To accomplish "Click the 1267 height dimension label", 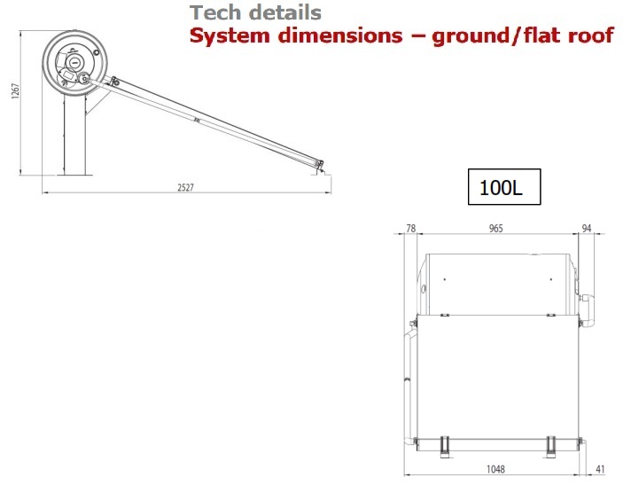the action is [x=15, y=91].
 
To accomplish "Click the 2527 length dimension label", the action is [x=185, y=187].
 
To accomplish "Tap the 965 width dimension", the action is [x=495, y=229].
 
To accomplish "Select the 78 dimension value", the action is [x=411, y=228].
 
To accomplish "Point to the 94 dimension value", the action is [x=587, y=228].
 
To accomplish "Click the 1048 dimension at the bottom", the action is [x=496, y=470].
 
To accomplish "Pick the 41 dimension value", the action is [x=600, y=470].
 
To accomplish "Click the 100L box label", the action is [x=504, y=187].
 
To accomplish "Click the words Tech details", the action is [x=255, y=12].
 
